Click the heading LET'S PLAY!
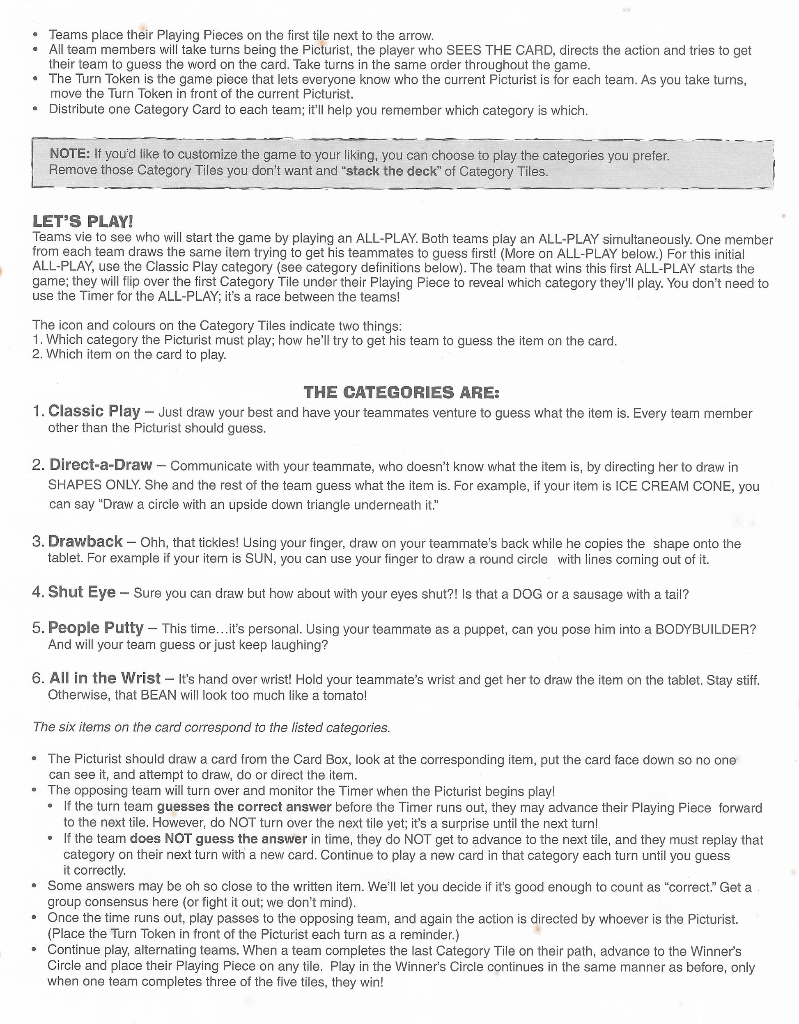tap(83, 221)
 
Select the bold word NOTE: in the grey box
tap(69, 153)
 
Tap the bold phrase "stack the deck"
tap(391, 171)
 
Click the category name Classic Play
tap(94, 411)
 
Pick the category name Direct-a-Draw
tap(101, 465)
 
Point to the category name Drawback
tap(85, 542)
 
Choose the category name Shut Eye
tap(82, 592)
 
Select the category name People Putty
tap(96, 628)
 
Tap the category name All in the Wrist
tap(105, 678)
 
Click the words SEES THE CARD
tap(500, 50)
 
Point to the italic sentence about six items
tap(211, 727)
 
